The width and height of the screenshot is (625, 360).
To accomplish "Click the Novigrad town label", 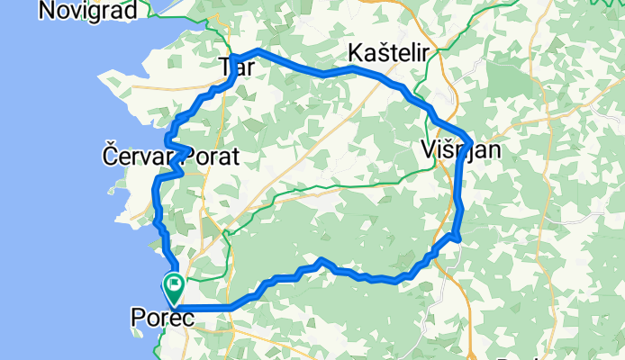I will [x=88, y=10].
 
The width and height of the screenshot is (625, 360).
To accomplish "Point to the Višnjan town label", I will [x=459, y=150].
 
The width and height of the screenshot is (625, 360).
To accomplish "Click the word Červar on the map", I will [x=135, y=157].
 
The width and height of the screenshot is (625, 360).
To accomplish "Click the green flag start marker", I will [x=172, y=289].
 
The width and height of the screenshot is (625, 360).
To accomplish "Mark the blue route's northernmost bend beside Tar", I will [x=258, y=50].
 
